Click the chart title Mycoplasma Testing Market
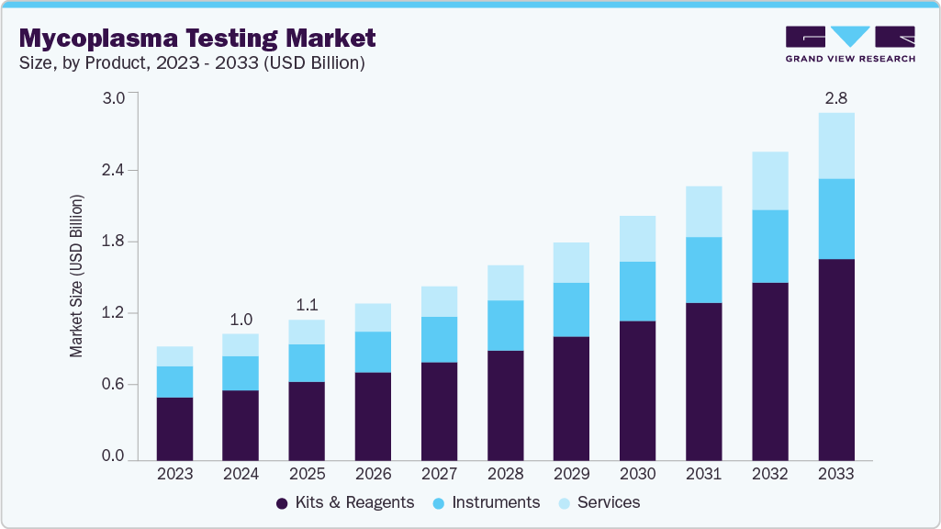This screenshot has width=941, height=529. point(197,38)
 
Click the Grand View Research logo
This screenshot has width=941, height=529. point(849,44)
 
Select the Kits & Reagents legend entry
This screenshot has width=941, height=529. point(345,502)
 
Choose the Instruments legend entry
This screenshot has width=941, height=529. point(486,502)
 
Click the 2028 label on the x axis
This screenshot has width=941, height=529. point(505,474)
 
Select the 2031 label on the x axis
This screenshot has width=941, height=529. point(703,474)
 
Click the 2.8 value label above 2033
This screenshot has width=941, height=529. point(835,97)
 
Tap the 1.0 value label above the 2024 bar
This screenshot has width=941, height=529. point(241,319)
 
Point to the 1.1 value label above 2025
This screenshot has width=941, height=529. point(307,305)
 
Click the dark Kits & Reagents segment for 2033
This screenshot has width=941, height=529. point(835,358)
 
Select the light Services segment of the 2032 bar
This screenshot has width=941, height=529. point(769,180)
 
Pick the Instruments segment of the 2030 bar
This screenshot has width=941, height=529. point(637,291)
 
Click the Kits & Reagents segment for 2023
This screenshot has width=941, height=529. point(174,428)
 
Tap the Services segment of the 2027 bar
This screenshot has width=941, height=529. point(439,301)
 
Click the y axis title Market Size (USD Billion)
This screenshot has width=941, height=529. point(77,276)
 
